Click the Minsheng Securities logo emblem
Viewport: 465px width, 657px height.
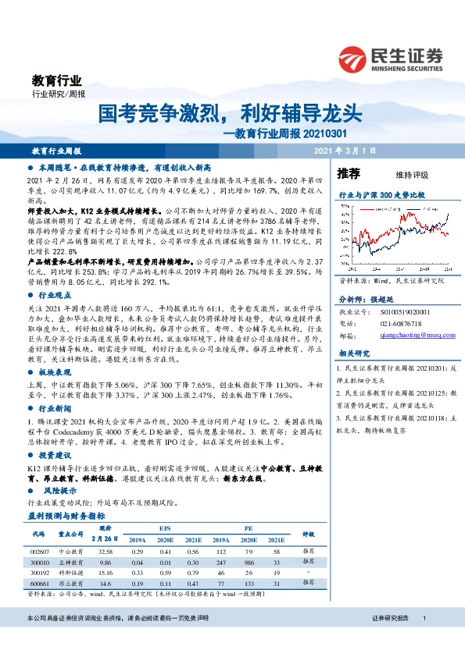tap(353, 59)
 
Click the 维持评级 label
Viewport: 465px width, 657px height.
tap(412, 175)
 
